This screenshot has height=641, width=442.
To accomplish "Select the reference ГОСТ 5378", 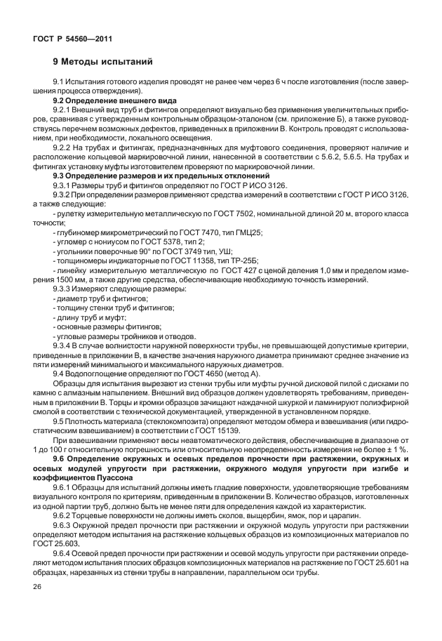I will click(163, 240).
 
